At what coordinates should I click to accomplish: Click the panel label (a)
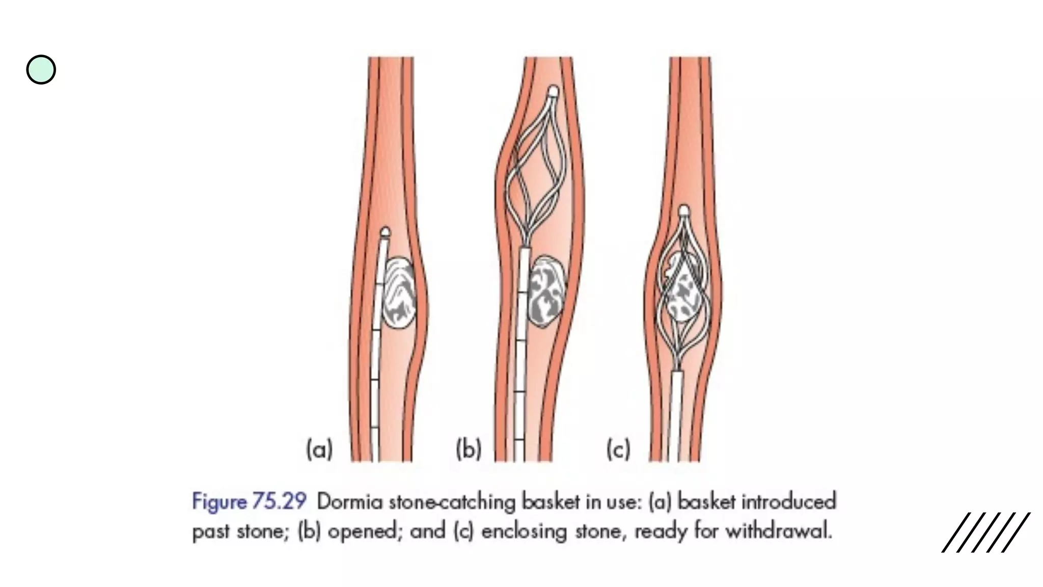[319, 449]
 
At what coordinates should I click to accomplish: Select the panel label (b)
[469, 449]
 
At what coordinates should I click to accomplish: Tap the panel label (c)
[618, 449]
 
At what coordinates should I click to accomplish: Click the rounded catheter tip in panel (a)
[386, 233]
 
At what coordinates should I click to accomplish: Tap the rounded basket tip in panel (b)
[553, 92]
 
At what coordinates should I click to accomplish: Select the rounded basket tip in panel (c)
[684, 210]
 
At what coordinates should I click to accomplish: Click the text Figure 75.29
[249, 501]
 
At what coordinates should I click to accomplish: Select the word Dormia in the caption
[349, 502]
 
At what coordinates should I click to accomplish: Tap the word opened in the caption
[363, 531]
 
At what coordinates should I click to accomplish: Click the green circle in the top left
[41, 70]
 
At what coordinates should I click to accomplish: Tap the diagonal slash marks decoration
[985, 532]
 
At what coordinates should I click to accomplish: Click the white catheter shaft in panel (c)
[677, 415]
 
